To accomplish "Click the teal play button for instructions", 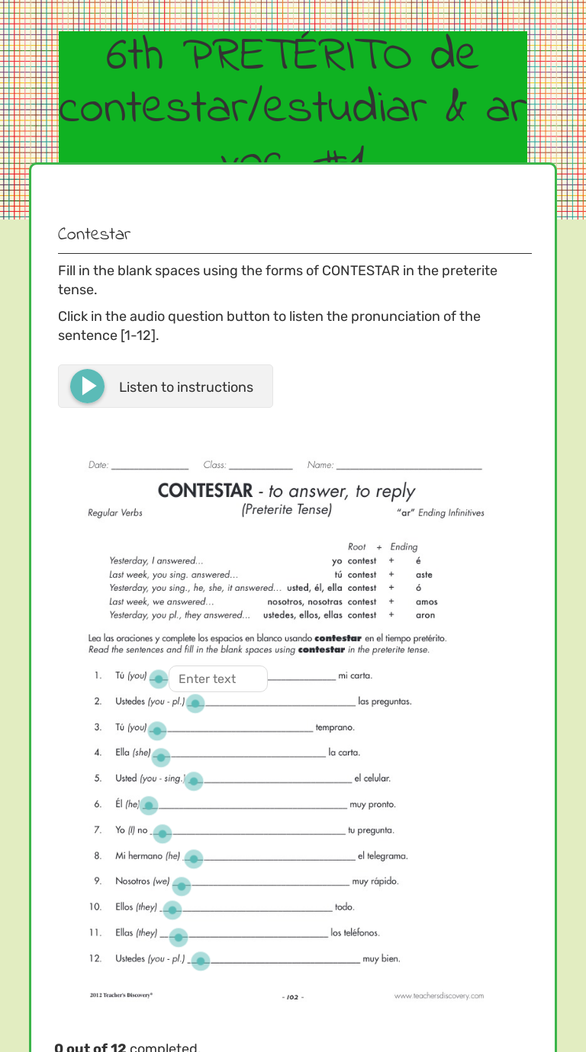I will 87,386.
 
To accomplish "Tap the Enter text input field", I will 218,678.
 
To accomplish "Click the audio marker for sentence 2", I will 195,704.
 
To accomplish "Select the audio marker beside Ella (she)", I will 161,757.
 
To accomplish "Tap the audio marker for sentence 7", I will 162,834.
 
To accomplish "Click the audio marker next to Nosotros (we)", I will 181,886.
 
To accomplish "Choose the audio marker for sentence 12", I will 200,961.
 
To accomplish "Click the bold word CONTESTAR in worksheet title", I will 205,491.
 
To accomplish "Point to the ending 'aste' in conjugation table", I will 424,575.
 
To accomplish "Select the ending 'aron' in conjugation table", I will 426,615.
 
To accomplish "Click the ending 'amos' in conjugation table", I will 427,601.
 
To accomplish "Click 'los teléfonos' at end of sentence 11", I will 355,932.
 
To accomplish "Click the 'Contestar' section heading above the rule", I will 94,234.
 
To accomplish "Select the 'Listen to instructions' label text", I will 186,387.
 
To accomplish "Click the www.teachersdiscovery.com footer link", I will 439,996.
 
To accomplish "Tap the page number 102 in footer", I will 293,996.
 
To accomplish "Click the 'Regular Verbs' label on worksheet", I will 115,513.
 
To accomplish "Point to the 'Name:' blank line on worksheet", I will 409,465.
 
